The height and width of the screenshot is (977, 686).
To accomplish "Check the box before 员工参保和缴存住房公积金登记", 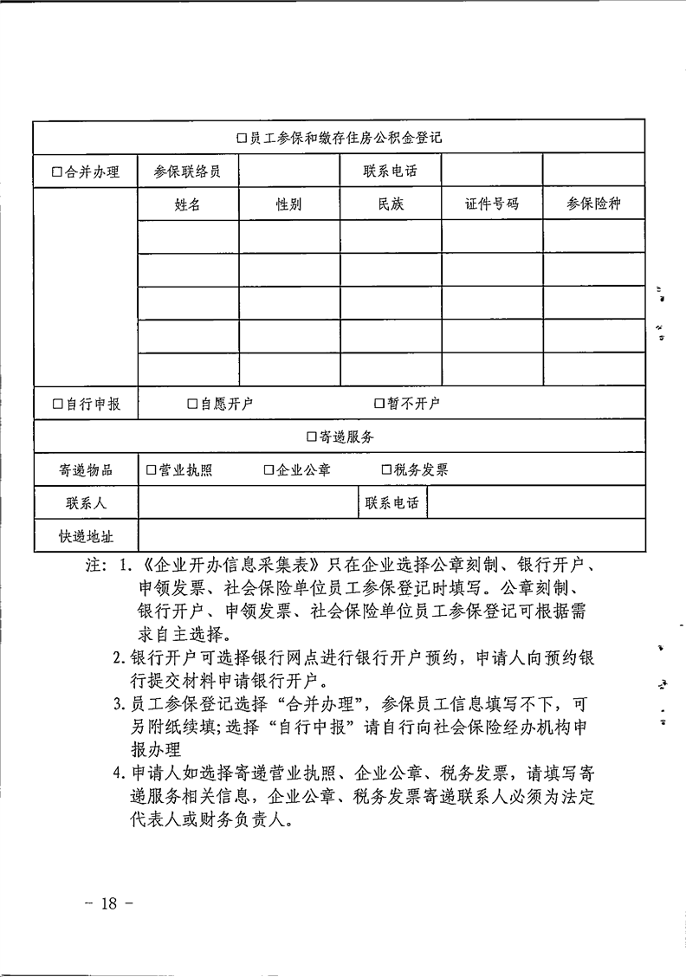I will click(x=243, y=138).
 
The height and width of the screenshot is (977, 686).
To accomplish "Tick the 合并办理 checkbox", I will click(x=57, y=171).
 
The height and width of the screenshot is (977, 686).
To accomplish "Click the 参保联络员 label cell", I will click(x=187, y=171).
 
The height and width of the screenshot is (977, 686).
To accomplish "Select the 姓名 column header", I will click(x=187, y=205).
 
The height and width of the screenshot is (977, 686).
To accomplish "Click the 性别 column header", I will click(x=289, y=205).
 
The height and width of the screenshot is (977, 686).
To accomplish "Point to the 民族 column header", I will click(x=391, y=205).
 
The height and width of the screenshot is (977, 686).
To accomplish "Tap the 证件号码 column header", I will click(x=492, y=205).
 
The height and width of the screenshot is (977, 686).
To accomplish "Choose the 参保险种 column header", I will click(x=593, y=205).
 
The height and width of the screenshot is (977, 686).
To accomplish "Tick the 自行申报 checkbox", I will click(x=57, y=404).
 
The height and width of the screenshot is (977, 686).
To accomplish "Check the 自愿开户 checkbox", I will click(x=193, y=404).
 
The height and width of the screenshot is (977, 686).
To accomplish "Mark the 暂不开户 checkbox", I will click(x=379, y=404).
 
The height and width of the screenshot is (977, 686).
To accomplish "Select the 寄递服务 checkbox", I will click(x=312, y=437).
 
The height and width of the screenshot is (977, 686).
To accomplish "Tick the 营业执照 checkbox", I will click(x=152, y=470).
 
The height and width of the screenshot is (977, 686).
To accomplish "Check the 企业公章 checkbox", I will click(x=269, y=470).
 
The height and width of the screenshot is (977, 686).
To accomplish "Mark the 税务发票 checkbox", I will click(x=386, y=470).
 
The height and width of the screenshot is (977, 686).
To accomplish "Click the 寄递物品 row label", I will click(x=86, y=470).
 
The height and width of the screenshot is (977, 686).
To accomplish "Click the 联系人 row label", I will click(x=86, y=503).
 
